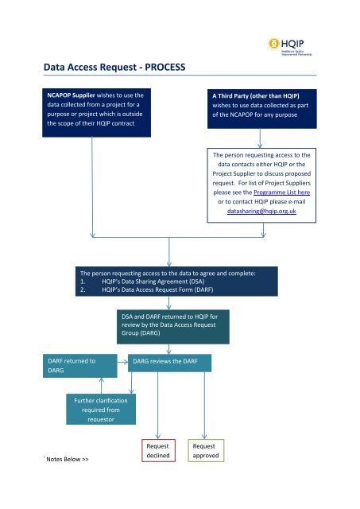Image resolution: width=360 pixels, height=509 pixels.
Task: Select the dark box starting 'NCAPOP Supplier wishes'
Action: [x=94, y=113]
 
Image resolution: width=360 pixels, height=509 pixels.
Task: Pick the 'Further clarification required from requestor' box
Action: [x=100, y=408]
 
